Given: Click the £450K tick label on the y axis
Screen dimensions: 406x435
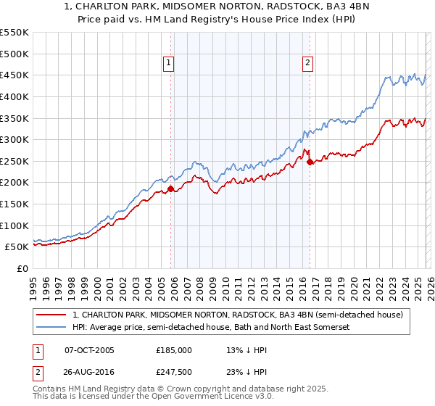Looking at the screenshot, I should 14,75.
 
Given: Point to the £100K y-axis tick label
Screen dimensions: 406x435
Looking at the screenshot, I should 14,225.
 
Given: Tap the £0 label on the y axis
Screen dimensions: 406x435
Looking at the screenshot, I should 22,268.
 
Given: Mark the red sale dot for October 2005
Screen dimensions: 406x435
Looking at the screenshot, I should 171,189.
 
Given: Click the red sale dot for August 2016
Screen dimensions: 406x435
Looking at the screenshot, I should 310,162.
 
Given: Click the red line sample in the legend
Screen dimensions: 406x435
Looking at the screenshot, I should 52,315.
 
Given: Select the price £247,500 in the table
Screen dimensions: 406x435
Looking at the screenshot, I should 174,372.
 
